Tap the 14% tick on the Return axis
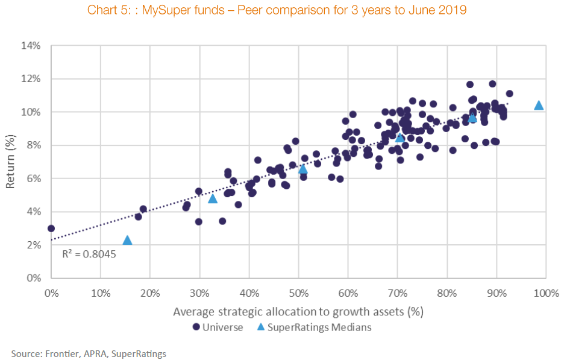click(31, 45)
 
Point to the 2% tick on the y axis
click(33, 245)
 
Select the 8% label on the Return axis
click(33, 145)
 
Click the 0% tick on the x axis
click(51, 293)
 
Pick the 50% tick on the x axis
click(298, 293)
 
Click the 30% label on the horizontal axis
click(199, 293)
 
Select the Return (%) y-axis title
click(11, 162)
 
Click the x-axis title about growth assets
click(297, 312)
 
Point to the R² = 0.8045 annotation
click(89, 254)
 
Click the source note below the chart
click(89, 353)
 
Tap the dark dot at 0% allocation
click(51, 229)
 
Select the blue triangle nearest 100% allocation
click(539, 106)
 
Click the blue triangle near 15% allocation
click(127, 241)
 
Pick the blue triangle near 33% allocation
click(212, 198)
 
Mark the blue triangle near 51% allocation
click(303, 169)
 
